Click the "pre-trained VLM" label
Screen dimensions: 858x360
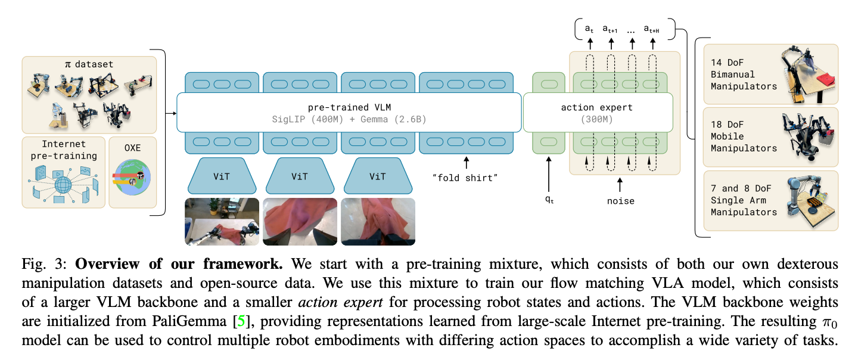pos(349,107)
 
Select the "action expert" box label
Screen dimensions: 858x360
pos(597,108)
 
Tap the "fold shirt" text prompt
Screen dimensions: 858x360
pos(465,178)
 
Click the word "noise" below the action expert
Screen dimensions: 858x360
pos(620,201)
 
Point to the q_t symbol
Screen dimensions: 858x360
pos(549,200)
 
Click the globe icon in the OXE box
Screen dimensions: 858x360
pos(132,177)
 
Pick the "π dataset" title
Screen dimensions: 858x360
pos(89,64)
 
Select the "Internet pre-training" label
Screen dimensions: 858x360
pos(64,150)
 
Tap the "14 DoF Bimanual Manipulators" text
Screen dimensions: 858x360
pos(744,75)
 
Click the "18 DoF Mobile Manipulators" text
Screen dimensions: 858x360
pos(744,136)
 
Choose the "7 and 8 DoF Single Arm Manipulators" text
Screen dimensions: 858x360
pos(744,200)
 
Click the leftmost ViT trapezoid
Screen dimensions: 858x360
pos(222,176)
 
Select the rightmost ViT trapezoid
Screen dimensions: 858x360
pos(378,176)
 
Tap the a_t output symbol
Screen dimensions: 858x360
pos(589,29)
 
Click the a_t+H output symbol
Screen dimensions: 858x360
pos(652,29)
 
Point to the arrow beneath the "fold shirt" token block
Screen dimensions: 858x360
pos(466,162)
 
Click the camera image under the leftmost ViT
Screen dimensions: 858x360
pos(222,221)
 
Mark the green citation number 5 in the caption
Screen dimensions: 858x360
pos(241,321)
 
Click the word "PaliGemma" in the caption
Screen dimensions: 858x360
pos(189,321)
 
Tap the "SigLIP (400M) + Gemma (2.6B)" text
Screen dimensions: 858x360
pos(349,119)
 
